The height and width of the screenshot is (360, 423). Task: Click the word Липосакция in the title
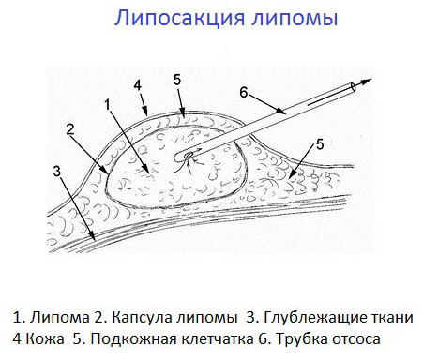170,20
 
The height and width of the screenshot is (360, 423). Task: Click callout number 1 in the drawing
109,103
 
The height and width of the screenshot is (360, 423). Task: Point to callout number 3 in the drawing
57,172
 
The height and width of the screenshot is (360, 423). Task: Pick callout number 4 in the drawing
138,84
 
